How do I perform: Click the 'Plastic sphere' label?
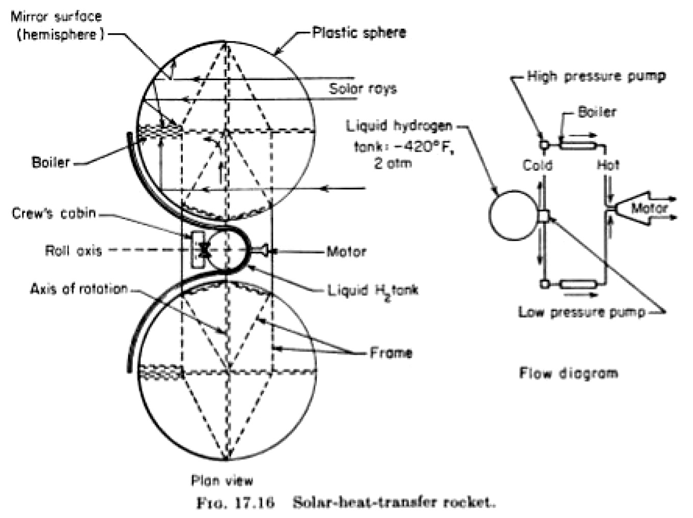(x=359, y=33)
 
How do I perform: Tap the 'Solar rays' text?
(x=363, y=89)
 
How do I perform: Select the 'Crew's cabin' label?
(x=54, y=214)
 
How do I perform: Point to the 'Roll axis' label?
(x=73, y=251)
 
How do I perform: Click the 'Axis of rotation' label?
(x=79, y=289)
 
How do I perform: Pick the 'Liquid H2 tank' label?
(x=373, y=291)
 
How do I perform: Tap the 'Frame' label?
(x=391, y=352)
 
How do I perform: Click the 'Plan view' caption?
(x=222, y=480)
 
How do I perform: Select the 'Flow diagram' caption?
(x=568, y=373)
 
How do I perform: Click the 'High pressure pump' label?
(x=597, y=76)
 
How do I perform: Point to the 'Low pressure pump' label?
(x=582, y=312)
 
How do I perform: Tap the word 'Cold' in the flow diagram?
(x=537, y=165)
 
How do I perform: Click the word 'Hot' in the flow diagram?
(x=608, y=164)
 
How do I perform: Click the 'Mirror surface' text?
(x=56, y=16)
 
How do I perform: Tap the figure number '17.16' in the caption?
(x=255, y=503)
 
